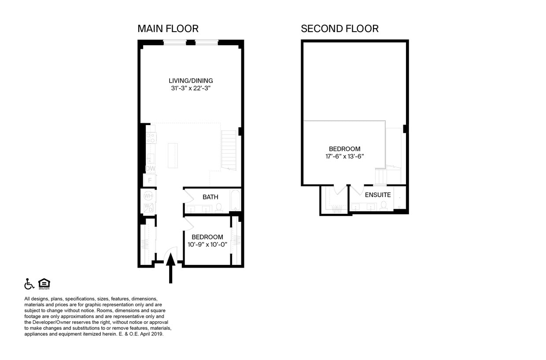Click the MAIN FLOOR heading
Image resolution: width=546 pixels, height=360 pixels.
168,29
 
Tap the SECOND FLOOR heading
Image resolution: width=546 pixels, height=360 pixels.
339,29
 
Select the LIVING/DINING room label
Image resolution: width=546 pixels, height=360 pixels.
191,81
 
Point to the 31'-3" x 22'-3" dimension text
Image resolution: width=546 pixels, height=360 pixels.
191,88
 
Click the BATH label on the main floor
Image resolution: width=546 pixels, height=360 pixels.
210,197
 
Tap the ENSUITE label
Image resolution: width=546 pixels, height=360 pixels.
377,195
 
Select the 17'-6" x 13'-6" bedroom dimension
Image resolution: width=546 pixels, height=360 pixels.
344,156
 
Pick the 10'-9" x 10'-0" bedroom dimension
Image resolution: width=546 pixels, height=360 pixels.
207,244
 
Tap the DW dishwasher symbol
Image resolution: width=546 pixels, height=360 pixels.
150,169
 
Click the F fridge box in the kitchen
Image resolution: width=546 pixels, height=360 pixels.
150,180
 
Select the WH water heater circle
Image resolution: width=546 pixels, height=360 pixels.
148,195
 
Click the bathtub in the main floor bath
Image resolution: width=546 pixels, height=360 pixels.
235,201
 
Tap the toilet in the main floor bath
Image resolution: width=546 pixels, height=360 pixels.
219,207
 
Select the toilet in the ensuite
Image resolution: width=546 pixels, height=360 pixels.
384,206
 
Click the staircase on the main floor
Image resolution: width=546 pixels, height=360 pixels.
229,150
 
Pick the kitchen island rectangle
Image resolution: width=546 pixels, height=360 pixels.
173,155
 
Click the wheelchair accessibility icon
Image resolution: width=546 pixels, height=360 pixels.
29,284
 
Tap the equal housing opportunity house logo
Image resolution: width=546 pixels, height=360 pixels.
44,284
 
